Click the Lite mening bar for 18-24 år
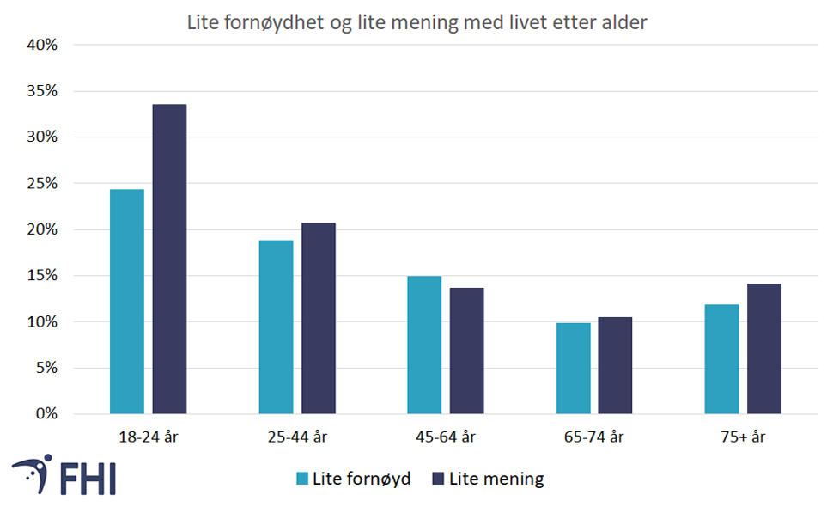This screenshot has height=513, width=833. click(x=169, y=259)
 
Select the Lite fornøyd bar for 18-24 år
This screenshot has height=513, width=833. click(x=127, y=301)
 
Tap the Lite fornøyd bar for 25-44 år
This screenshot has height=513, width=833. click(x=276, y=327)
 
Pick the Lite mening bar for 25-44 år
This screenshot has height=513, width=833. click(x=318, y=318)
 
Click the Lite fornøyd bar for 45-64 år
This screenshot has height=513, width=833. click(x=424, y=345)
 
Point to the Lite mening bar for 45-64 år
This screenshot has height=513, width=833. click(x=466, y=351)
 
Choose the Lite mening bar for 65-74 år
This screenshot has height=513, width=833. click(x=615, y=365)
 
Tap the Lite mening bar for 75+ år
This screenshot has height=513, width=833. click(x=763, y=348)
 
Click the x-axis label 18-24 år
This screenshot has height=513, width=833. click(x=149, y=437)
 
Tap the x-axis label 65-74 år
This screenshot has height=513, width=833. click(x=594, y=437)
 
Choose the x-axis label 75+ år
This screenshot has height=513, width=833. click(x=743, y=437)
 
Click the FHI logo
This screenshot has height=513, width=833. click(x=64, y=474)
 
